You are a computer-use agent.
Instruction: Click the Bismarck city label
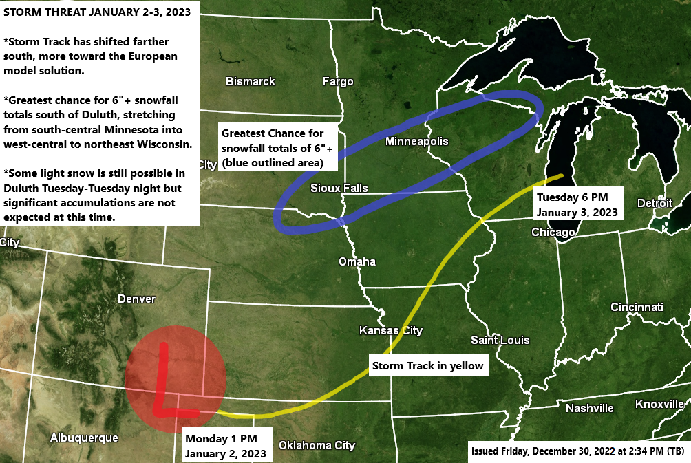pyautogui.click(x=251, y=81)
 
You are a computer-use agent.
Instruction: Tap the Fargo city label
pyautogui.click(x=338, y=82)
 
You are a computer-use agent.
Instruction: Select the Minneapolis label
pyautogui.click(x=416, y=142)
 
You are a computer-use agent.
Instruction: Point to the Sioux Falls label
pyautogui.click(x=339, y=188)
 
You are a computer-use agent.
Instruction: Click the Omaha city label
pyautogui.click(x=357, y=261)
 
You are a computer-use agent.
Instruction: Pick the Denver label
pyautogui.click(x=137, y=299)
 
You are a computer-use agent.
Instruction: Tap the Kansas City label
pyautogui.click(x=391, y=331)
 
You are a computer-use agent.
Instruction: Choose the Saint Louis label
pyautogui.click(x=500, y=340)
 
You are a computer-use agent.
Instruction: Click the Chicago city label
pyautogui.click(x=553, y=233)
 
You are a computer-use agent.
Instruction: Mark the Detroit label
pyautogui.click(x=655, y=203)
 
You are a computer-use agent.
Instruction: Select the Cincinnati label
pyautogui.click(x=637, y=307)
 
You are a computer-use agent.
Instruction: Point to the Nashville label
pyautogui.click(x=590, y=408)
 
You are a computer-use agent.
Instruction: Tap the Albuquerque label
pyautogui.click(x=84, y=438)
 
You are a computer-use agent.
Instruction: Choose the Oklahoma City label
pyautogui.click(x=317, y=445)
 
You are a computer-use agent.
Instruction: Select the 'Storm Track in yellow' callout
pyautogui.click(x=427, y=366)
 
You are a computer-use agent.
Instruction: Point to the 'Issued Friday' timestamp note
pyautogui.click(x=577, y=451)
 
